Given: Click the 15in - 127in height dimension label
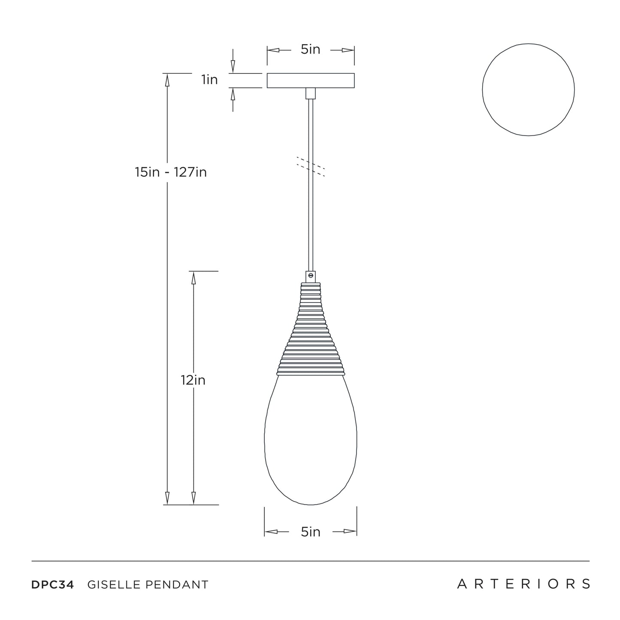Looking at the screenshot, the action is click(x=170, y=172).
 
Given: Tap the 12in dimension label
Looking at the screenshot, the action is click(x=193, y=380).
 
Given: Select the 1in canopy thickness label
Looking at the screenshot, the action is click(x=209, y=80).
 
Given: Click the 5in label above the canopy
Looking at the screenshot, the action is click(x=311, y=49).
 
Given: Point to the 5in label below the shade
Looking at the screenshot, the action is click(x=311, y=532).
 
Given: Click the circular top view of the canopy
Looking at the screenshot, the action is click(x=482, y=90).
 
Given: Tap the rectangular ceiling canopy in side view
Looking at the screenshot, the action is click(x=311, y=80).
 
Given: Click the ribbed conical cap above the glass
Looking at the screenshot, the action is click(x=311, y=329).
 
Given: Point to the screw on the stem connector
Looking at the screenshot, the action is click(x=311, y=275).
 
